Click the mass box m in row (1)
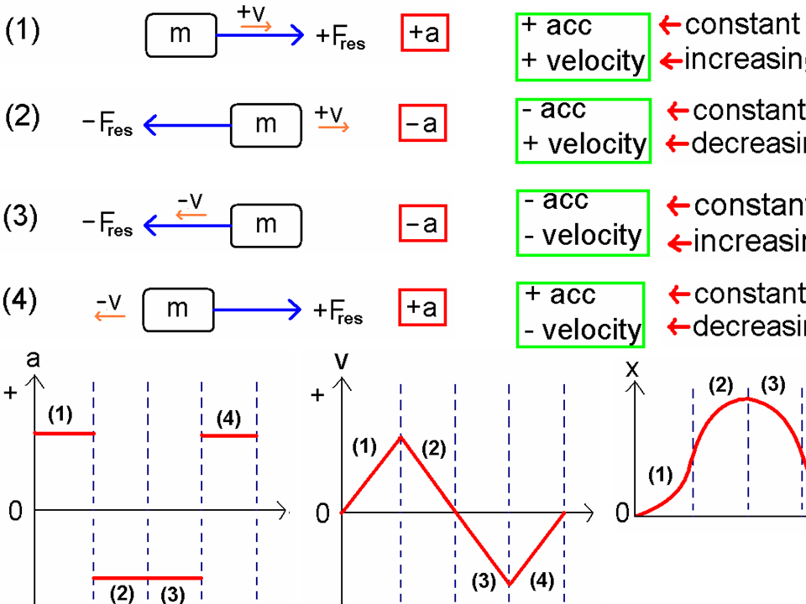(181, 35)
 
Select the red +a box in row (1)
(424, 34)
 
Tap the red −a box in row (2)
(422, 125)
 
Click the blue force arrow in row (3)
(187, 225)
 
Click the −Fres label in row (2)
(107, 127)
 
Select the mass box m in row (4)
(178, 310)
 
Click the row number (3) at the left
(22, 217)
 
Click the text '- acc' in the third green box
(556, 201)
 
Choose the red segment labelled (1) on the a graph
(64, 433)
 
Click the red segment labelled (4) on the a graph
(228, 435)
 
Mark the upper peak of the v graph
(400, 436)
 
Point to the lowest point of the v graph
(510, 582)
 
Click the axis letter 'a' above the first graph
(34, 359)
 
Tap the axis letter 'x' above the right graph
(632, 369)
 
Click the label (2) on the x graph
(720, 386)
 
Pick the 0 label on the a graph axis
(15, 511)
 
